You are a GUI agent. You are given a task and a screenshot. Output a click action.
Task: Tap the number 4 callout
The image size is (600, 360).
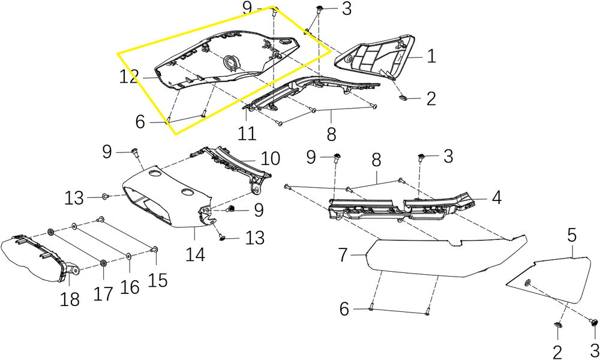pyautogui.click(x=497, y=197)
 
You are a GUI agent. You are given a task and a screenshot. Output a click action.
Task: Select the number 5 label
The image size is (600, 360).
pyautogui.click(x=571, y=235)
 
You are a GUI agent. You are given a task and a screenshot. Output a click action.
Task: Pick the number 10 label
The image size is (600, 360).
pyautogui.click(x=270, y=159)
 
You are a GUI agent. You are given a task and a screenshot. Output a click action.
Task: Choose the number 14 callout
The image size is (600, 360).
pyautogui.click(x=195, y=254)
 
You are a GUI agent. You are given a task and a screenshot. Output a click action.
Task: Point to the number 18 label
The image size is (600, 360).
pyautogui.click(x=70, y=298)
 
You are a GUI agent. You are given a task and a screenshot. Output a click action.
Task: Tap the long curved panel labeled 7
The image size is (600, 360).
pyautogui.click(x=444, y=255)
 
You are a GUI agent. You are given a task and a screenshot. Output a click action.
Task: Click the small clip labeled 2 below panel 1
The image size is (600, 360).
pyautogui.click(x=404, y=96)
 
